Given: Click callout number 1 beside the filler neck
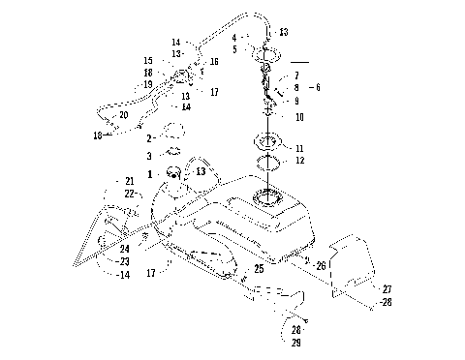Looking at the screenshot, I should [150, 172].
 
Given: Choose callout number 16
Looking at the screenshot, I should [214, 61].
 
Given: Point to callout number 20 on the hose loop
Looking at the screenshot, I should [123, 114].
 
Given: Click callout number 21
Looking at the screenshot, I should [129, 181].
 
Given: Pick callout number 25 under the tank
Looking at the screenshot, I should [259, 268].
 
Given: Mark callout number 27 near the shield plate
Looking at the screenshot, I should [387, 288].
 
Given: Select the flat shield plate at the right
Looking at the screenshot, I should [353, 266].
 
